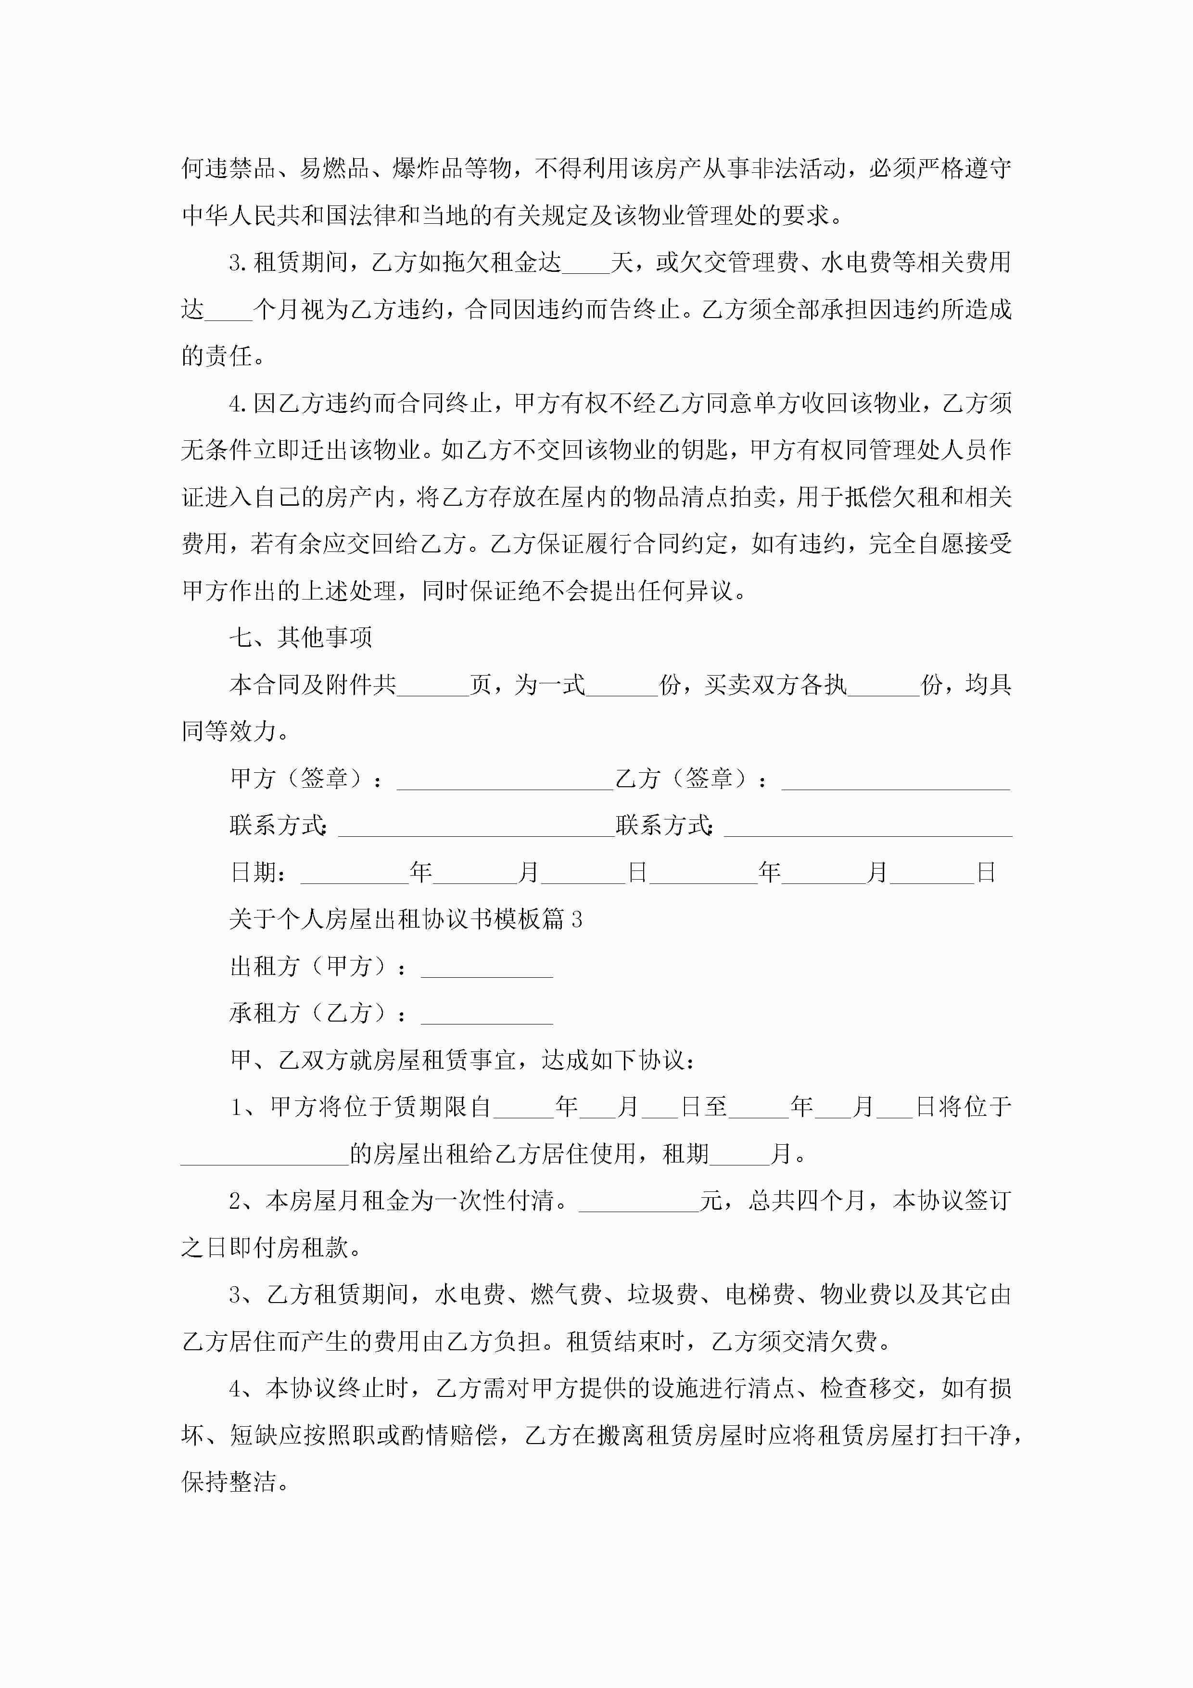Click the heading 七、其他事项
301,638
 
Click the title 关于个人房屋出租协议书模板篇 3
406,919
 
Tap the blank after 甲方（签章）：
504,780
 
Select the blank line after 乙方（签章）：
895,780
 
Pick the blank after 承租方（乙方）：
487,1014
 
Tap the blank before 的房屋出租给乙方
265,1154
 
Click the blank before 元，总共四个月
639,1202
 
